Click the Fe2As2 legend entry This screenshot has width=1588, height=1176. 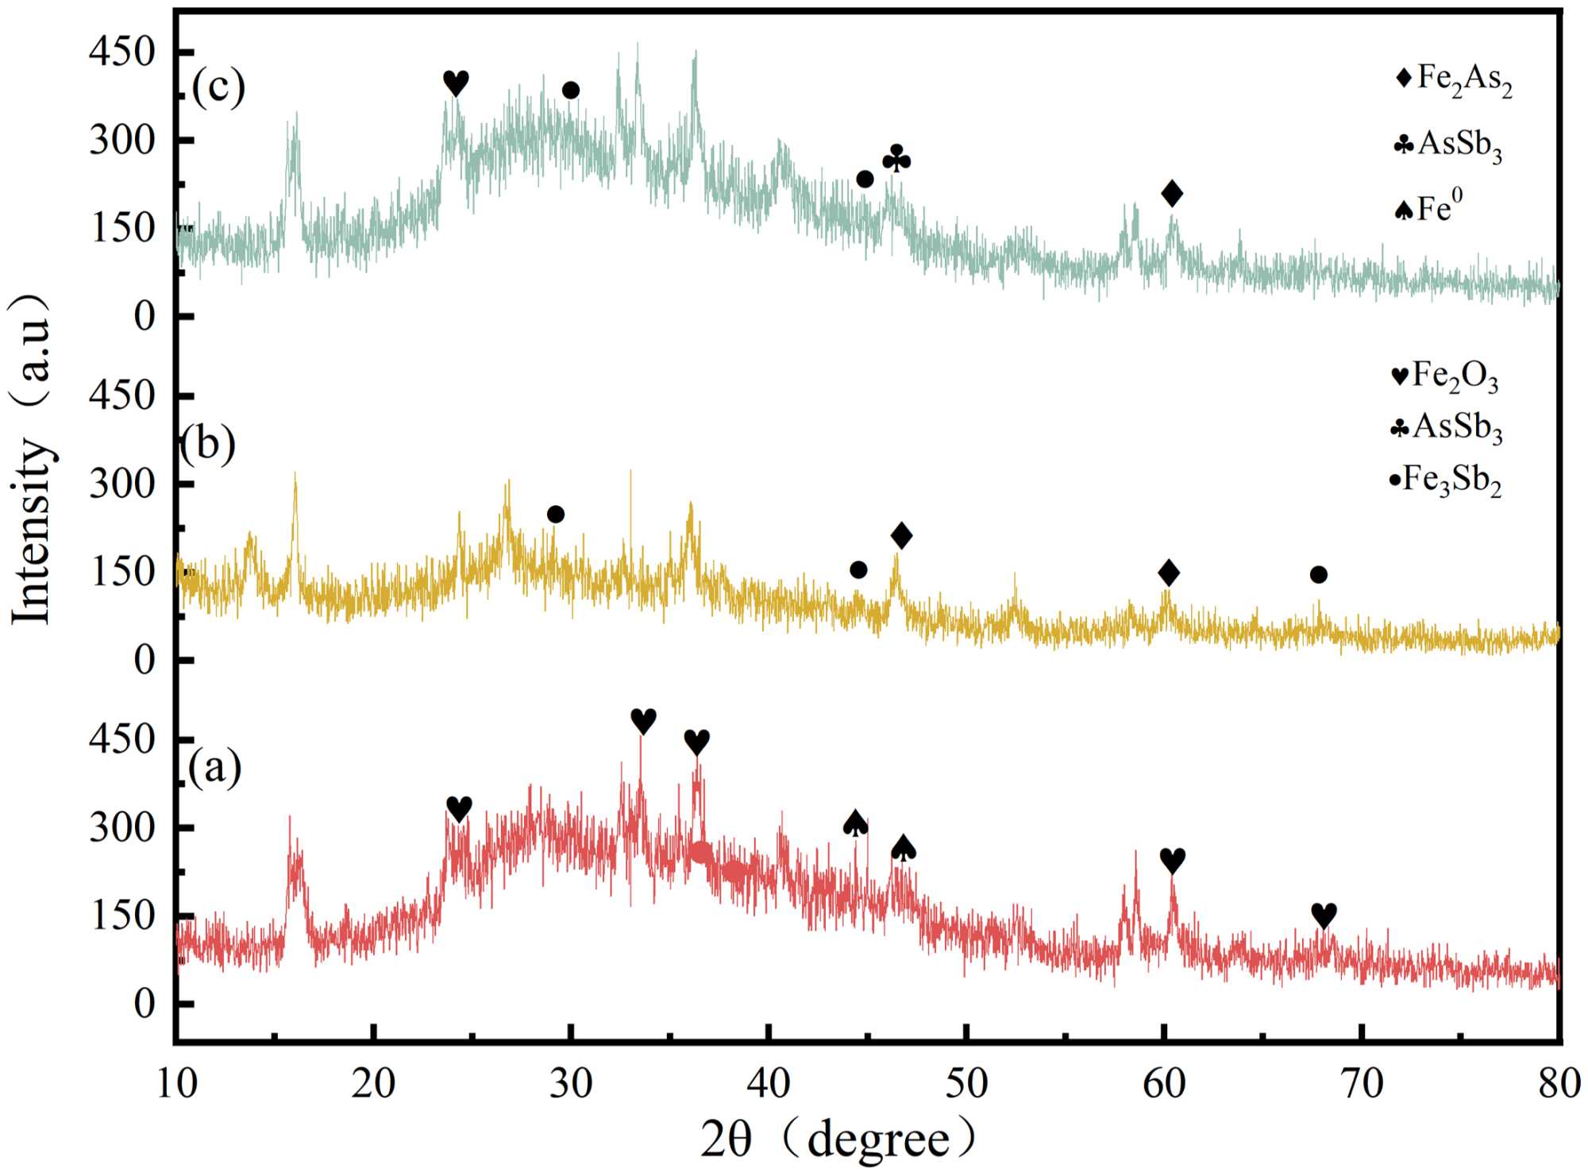(1454, 79)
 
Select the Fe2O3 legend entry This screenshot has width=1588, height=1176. (1445, 376)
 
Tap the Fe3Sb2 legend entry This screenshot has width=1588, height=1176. (1445, 480)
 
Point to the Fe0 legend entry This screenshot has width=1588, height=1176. (1429, 209)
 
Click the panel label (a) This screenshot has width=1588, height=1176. (214, 768)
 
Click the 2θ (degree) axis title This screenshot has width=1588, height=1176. (838, 1140)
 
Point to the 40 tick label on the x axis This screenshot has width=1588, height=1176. (769, 1083)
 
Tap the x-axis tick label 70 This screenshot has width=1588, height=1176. (1363, 1083)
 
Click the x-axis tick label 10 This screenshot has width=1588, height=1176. (176, 1083)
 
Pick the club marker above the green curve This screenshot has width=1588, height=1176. (896, 160)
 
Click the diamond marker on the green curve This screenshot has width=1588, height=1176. (1172, 193)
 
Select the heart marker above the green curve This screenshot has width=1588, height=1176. (456, 83)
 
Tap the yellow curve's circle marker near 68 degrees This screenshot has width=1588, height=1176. (1319, 574)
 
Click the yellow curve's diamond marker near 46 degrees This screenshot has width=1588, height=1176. (901, 535)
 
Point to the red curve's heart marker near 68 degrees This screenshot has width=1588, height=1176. (1324, 916)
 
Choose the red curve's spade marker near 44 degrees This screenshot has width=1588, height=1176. (855, 823)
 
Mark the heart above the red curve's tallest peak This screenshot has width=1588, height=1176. (643, 721)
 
